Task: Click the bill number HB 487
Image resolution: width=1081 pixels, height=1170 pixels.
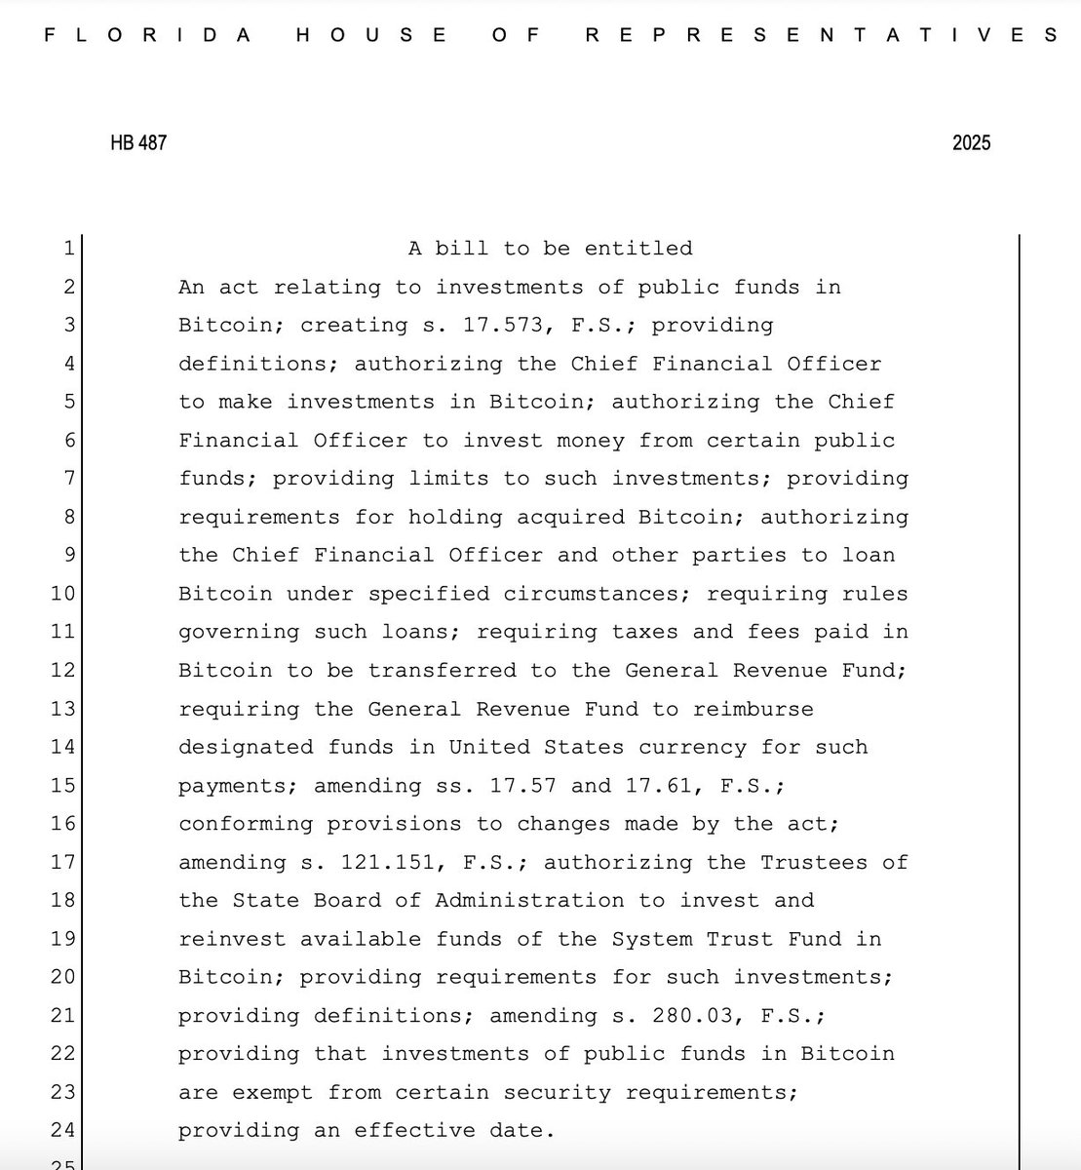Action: pyautogui.click(x=138, y=142)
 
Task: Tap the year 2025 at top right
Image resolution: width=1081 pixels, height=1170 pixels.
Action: pyautogui.click(x=971, y=142)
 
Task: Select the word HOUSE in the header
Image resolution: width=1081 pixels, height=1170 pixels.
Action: pyautogui.click(x=370, y=35)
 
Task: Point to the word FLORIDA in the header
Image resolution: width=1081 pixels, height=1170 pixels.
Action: pyautogui.click(x=148, y=35)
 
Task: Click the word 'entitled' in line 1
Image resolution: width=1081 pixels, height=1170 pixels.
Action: pyautogui.click(x=638, y=249)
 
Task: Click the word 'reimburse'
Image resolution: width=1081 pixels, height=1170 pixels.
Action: pyautogui.click(x=753, y=709)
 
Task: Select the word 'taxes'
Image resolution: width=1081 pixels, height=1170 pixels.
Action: pyautogui.click(x=638, y=633)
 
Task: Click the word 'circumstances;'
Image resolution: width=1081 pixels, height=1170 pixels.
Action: pyautogui.click(x=598, y=594)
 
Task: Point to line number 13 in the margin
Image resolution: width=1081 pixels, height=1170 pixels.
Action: pyautogui.click(x=62, y=709)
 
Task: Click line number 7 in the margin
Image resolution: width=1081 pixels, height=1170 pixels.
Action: pyautogui.click(x=68, y=479)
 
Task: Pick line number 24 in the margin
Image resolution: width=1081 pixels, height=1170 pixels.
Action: pyautogui.click(x=62, y=1131)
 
